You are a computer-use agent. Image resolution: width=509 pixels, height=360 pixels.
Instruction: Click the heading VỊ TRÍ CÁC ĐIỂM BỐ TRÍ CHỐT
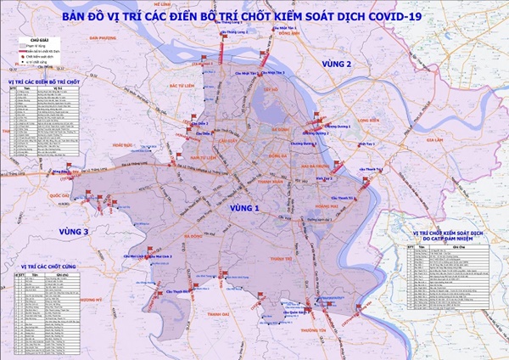[42, 82]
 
